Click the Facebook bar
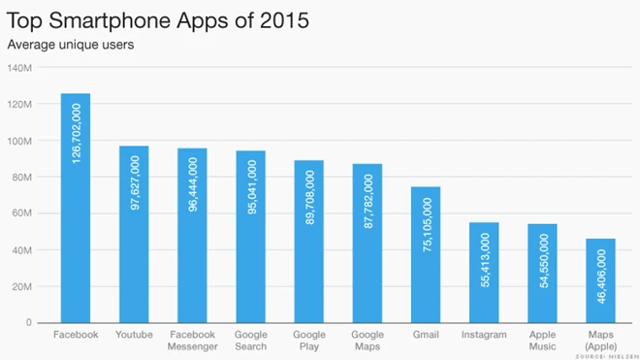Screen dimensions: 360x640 [x=76, y=208]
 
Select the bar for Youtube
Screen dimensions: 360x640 [x=134, y=234]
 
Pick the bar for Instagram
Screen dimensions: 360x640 [x=484, y=273]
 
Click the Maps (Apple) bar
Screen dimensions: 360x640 [x=600, y=280]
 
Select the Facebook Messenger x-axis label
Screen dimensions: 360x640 [x=192, y=341]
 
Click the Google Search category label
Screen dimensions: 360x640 [x=250, y=341]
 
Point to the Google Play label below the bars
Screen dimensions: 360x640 [x=308, y=341]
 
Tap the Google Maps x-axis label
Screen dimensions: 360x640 [x=368, y=341]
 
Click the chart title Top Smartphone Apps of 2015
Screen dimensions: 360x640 [x=159, y=20]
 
